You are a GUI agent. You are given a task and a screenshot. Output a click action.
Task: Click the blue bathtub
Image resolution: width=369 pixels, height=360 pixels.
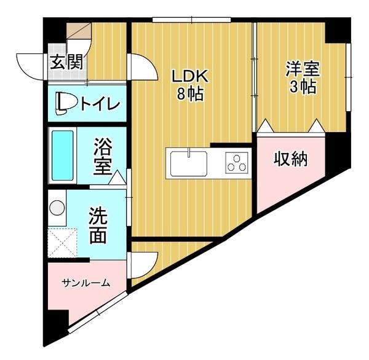tap(62, 155)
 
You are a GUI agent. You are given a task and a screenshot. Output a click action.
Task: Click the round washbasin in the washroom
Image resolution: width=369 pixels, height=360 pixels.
tap(58, 206)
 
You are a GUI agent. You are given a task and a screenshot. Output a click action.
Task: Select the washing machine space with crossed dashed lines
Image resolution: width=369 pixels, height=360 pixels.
tap(62, 243)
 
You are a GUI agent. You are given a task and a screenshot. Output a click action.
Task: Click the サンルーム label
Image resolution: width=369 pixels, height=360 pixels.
tap(85, 283)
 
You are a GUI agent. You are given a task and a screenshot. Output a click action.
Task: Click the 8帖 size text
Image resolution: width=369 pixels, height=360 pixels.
tap(191, 95)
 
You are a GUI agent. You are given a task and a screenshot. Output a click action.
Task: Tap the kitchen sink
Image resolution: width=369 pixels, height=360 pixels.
tap(188, 163)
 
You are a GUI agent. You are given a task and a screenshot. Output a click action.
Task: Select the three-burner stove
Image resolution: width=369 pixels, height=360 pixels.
tap(236, 164)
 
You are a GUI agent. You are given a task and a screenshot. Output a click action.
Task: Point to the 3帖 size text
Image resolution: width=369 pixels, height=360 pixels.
tap(302, 87)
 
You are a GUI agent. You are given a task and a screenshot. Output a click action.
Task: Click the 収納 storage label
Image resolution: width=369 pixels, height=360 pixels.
tap(290, 159)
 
